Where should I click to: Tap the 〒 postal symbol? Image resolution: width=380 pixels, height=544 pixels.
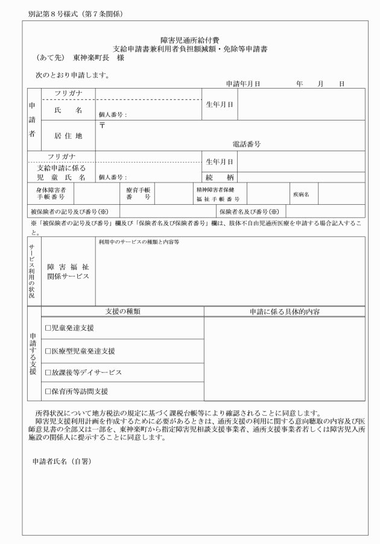[103, 125]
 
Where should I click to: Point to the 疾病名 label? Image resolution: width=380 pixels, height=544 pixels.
[301, 195]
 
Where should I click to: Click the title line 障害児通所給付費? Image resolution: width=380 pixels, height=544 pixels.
[190, 40]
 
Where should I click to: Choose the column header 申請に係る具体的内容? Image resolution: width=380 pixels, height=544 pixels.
[284, 311]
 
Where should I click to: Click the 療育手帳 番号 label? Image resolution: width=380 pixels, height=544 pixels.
[134, 193]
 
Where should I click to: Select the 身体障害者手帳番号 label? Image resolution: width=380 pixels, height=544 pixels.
[51, 193]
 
